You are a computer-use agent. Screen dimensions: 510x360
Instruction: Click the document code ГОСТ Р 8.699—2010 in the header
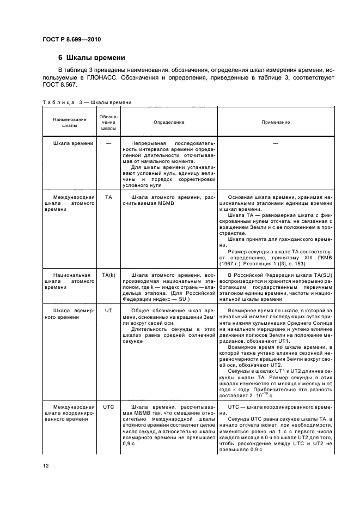coord(72,39)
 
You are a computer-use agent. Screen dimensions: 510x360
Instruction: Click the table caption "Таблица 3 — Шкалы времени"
coord(86,102)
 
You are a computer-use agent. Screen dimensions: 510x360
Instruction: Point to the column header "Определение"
coord(169,123)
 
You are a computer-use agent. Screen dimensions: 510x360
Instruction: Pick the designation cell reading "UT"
coord(109,309)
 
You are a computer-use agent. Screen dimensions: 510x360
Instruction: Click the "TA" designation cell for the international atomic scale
coord(109,197)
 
